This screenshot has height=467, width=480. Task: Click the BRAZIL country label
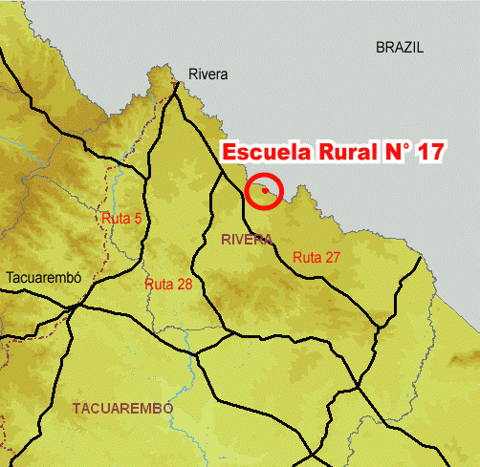point(400,47)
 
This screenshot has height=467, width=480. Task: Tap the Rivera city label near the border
point(208,74)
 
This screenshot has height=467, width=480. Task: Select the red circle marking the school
point(264,191)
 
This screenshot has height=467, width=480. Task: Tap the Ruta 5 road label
point(121,219)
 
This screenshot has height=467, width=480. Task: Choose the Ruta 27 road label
point(317,257)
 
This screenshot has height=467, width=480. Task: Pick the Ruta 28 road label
point(169,285)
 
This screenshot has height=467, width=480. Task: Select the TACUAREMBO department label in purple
point(122,408)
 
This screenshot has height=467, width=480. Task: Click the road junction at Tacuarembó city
point(76,307)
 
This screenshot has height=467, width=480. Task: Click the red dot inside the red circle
point(265,191)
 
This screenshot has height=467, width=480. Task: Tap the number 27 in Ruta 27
point(333,257)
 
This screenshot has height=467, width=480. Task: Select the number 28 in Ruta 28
point(185,285)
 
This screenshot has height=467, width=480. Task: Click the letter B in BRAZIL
point(380,47)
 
